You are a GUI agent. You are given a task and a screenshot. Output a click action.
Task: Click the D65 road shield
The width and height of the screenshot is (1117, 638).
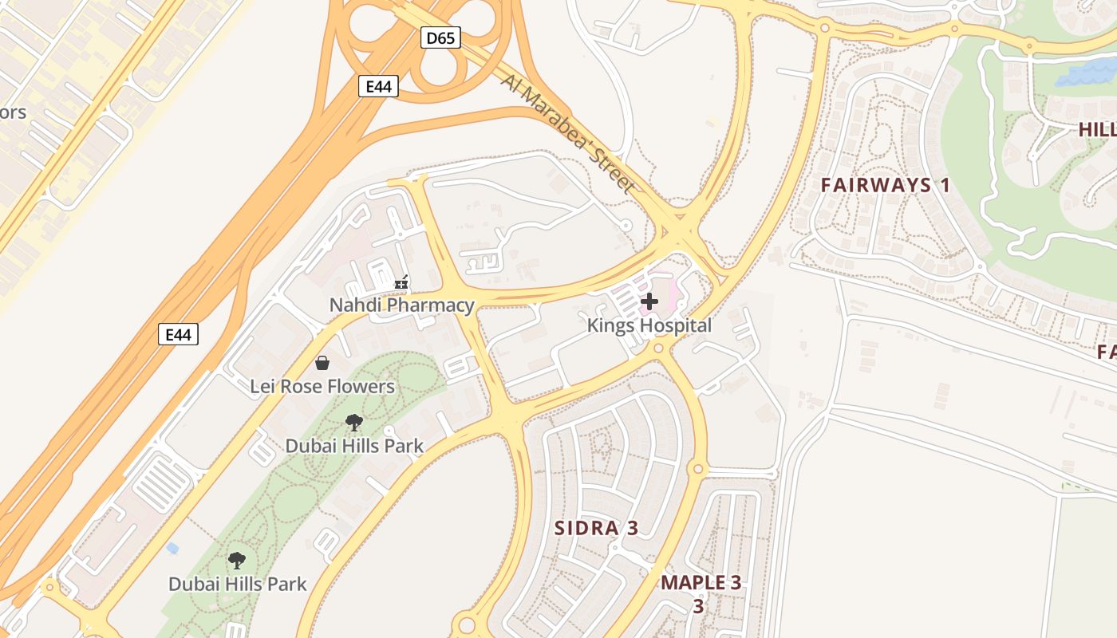pos(441,37)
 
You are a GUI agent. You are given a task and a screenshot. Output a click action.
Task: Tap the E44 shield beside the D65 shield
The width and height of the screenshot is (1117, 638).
pos(378,86)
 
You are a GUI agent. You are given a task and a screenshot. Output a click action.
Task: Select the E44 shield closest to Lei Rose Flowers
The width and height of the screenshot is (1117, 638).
pos(178,334)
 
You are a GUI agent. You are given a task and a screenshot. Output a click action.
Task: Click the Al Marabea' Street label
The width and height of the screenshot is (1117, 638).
pos(569,134)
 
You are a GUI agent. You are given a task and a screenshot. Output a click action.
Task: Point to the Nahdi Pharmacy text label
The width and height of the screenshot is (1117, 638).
pos(402,305)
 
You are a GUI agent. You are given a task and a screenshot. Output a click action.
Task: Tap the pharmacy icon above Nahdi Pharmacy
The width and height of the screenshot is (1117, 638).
pos(401,282)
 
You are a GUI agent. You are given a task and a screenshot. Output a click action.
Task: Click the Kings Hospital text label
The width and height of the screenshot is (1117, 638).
pos(649,325)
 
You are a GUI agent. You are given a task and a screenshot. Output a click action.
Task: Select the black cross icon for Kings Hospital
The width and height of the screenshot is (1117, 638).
pos(649,301)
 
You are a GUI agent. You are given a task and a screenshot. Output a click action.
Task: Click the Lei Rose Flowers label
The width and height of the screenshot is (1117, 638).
pos(322,387)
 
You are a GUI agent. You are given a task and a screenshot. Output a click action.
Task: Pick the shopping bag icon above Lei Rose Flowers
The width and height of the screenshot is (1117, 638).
pos(322,364)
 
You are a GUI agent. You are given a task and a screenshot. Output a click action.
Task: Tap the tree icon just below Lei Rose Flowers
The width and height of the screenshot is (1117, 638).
pos(354,423)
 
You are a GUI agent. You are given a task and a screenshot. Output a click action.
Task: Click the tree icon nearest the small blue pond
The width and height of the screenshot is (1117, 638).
pos(236,561)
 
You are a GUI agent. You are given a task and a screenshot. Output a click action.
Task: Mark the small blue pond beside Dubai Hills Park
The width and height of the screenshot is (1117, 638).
pos(172,549)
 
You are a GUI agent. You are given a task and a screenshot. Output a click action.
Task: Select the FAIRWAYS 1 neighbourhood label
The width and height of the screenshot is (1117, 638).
pos(886,186)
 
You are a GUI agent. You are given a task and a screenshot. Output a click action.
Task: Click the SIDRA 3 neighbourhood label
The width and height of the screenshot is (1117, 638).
pos(597,528)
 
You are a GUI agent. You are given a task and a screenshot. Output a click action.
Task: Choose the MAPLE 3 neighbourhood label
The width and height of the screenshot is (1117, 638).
pos(701,583)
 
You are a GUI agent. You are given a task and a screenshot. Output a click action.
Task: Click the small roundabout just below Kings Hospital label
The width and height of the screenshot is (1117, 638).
pos(658,349)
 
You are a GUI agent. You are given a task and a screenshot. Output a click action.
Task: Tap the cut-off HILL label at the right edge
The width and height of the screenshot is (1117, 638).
pos(1097,129)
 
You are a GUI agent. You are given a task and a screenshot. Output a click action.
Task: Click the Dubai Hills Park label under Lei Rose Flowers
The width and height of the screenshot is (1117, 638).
pos(354,446)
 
